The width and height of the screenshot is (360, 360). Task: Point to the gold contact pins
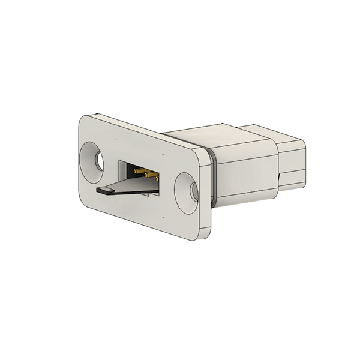[x=147, y=175]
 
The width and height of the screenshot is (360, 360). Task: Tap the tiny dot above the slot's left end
[x=112, y=139]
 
